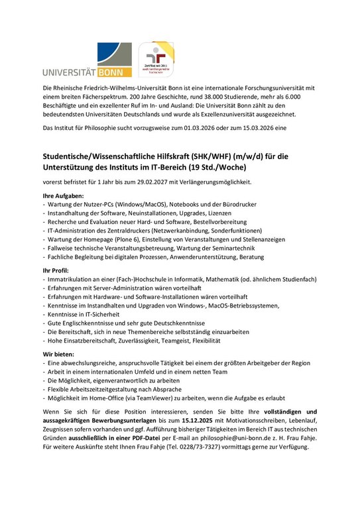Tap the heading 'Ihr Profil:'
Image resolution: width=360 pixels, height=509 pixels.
click(x=56, y=272)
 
